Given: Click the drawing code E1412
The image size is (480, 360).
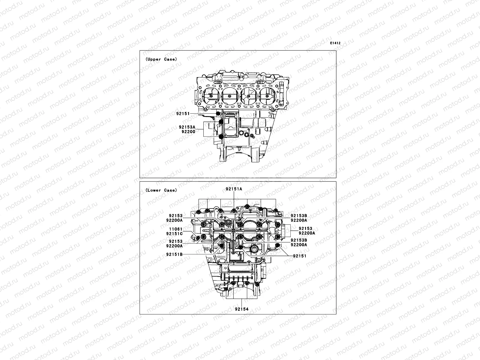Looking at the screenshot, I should [x=335, y=43].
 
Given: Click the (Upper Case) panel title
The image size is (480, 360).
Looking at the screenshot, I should [x=161, y=59].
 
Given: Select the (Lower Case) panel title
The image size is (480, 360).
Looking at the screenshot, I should [x=161, y=190].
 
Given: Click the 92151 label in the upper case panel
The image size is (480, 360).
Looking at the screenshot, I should [x=183, y=113].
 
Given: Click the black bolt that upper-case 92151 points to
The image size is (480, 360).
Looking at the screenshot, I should [x=217, y=113].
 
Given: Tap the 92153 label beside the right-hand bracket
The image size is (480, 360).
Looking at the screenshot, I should [x=305, y=229].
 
